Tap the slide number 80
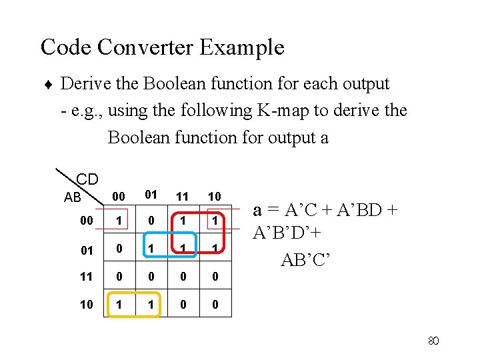433,341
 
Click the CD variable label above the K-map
87,179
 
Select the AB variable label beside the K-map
73,197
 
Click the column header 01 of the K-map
151,195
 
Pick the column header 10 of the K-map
214,197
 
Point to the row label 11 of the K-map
87,276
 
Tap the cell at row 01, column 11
183,249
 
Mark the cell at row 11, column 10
214,276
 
